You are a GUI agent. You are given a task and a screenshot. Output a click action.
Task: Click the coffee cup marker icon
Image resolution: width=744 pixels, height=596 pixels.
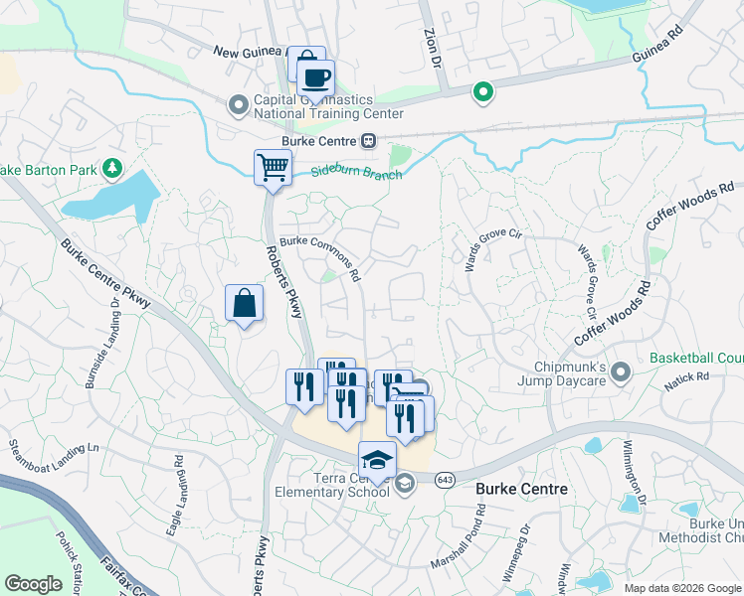[x=316, y=78]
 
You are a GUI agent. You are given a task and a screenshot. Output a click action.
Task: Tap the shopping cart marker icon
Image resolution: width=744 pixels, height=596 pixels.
[x=272, y=167]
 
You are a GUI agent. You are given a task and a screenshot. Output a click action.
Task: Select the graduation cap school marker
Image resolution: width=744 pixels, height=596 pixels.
[x=377, y=460]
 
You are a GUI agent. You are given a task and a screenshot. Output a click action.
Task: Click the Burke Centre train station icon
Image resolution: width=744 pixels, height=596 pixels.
[x=368, y=141]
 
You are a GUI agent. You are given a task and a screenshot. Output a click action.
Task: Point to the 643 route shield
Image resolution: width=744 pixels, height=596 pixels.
[x=444, y=478]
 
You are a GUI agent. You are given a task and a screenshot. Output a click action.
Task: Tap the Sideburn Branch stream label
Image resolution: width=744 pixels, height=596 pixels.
[x=356, y=174]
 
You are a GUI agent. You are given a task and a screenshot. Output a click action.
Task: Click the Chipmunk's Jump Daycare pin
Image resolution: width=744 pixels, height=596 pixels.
[x=622, y=372]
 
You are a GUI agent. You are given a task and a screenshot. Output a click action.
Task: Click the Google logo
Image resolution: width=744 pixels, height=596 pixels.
[x=34, y=584]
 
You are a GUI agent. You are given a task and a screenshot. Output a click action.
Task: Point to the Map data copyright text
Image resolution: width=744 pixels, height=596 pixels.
[x=682, y=588]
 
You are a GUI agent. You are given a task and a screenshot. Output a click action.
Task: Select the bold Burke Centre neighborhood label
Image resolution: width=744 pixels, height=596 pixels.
[x=521, y=489]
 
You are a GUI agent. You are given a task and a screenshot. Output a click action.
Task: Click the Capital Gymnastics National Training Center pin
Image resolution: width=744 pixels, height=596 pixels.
[x=238, y=104]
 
